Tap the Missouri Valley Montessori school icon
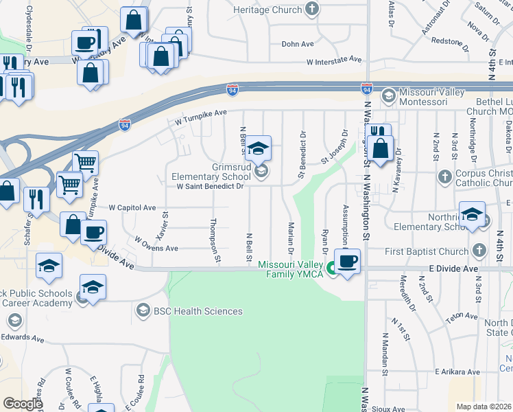pyautogui.click(x=388, y=93)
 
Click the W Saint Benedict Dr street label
pyautogui.click(x=210, y=186)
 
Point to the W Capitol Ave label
pyautogui.click(x=132, y=207)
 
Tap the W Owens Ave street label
pyautogui.click(x=156, y=246)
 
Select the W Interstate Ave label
pyautogui.click(x=334, y=60)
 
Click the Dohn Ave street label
pyautogui.click(x=298, y=44)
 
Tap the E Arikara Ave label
pyautogui.click(x=457, y=371)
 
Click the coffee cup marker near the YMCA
pyautogui.click(x=348, y=262)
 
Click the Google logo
pyautogui.click(x=23, y=404)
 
